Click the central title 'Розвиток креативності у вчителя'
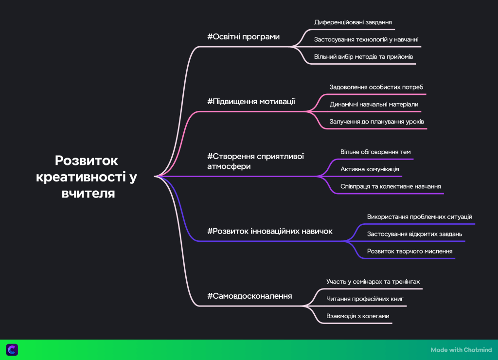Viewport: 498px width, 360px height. coord(86,177)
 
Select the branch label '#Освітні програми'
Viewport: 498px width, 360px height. coord(243,37)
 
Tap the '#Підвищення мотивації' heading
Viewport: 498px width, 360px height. coord(251,102)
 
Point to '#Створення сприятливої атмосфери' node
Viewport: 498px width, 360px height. coord(255,161)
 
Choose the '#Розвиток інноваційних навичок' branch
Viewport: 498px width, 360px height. coord(270,231)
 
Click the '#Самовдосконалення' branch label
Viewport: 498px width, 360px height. coord(249,296)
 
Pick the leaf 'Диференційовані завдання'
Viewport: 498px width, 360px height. coord(353,22)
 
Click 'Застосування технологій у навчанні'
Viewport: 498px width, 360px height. coord(366,39)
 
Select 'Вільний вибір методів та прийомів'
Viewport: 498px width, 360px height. coord(363,57)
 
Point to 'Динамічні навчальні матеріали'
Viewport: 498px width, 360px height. coord(373,104)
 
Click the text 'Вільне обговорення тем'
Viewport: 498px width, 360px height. coord(375,152)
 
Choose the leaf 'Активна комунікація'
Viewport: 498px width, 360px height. coord(370,169)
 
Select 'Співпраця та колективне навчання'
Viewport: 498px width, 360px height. coord(391,186)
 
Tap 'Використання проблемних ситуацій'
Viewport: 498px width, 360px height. coord(420,216)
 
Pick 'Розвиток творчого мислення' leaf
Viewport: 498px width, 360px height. coord(410,251)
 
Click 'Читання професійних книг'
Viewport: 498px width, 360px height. coord(365,299)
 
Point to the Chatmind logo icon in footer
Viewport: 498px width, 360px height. coord(12,349)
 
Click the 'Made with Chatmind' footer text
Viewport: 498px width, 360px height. coord(461,350)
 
